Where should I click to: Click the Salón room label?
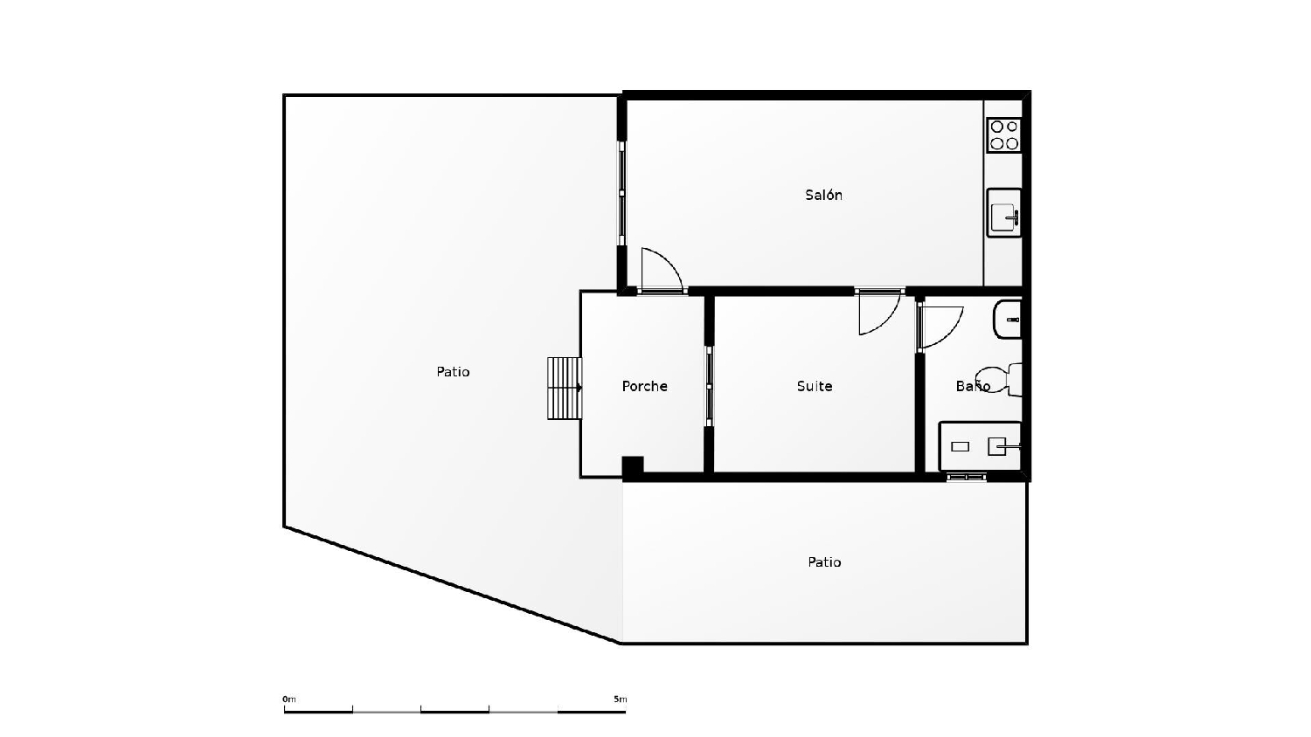pos(823,195)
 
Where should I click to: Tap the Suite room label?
pos(814,386)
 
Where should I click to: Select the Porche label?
pos(644,386)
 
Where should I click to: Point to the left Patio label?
pos(453,372)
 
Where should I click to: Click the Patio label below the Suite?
pos(823,562)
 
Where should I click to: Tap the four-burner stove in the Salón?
pos(1003,135)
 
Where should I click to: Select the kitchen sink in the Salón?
pos(1003,213)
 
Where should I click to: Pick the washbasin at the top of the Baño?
pos(1008,320)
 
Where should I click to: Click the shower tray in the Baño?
pos(980,446)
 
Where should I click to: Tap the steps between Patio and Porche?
pos(565,388)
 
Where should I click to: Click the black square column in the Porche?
pos(633,466)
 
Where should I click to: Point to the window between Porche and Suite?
pos(709,386)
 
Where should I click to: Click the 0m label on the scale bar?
pos(289,699)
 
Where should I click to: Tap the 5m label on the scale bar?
pos(620,699)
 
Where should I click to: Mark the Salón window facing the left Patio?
pos(621,193)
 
